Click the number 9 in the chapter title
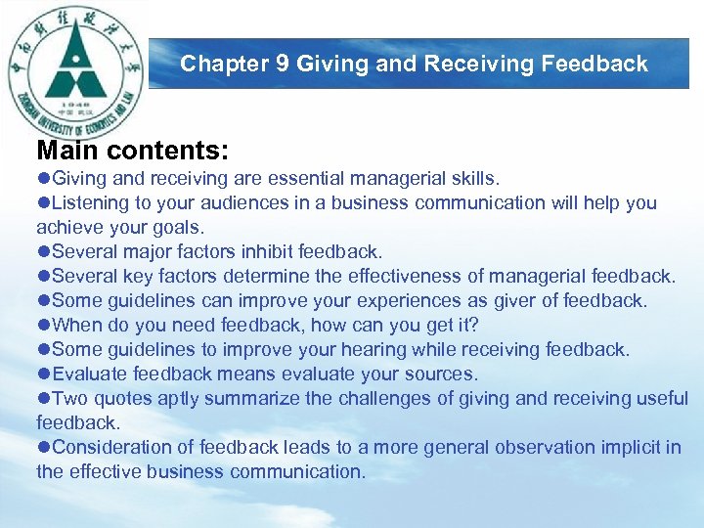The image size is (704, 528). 282,65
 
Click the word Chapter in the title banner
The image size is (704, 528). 225,65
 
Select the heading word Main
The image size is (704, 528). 68,151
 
